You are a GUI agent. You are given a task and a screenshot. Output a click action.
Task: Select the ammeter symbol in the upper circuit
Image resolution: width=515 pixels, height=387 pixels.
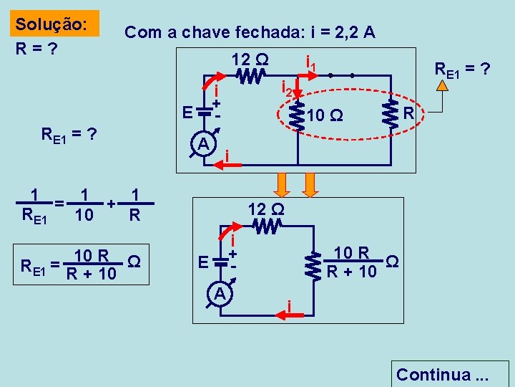pyautogui.click(x=203, y=145)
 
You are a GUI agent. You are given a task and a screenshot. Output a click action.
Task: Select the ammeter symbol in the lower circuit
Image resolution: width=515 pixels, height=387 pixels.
pyautogui.click(x=220, y=295)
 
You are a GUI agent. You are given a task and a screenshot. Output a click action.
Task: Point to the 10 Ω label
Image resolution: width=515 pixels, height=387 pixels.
pyautogui.click(x=325, y=115)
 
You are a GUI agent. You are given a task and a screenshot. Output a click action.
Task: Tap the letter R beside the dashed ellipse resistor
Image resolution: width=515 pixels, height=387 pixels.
pyautogui.click(x=408, y=113)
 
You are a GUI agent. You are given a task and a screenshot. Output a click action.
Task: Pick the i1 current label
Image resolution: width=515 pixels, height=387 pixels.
pyautogui.click(x=312, y=66)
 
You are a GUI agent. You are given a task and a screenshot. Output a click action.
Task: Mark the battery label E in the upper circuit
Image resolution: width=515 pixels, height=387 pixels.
pyautogui.click(x=187, y=113)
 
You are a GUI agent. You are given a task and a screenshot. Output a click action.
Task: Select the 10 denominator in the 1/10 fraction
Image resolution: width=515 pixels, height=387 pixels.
pyautogui.click(x=84, y=214)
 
